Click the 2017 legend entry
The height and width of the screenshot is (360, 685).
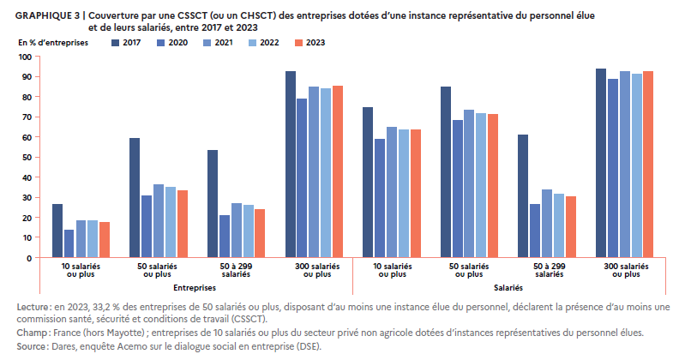pyautogui.click(x=128, y=42)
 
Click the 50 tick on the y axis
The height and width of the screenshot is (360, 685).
pyautogui.click(x=27, y=158)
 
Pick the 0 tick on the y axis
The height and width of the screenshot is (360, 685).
pyautogui.click(x=29, y=258)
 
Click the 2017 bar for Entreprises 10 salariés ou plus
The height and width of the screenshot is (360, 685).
pyautogui.click(x=57, y=231)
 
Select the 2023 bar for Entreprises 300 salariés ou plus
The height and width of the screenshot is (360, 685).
pyautogui.click(x=338, y=171)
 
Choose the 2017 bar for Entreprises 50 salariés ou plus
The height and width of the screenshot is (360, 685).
pyautogui.click(x=135, y=198)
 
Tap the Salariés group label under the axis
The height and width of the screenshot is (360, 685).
pyautogui.click(x=510, y=288)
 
